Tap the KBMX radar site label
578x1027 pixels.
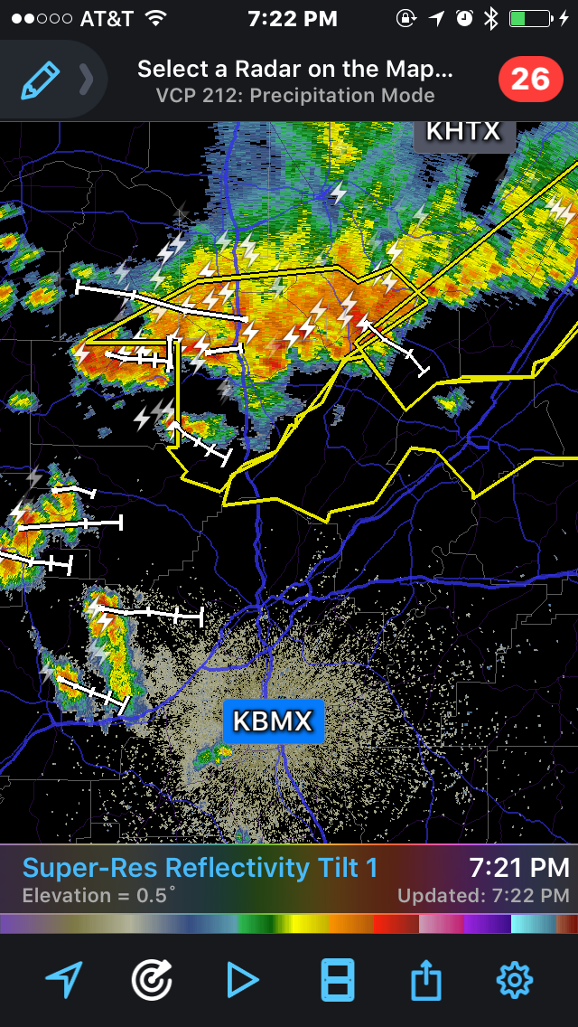[x=273, y=721]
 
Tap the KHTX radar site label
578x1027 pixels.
[x=463, y=131]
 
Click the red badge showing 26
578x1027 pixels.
[x=530, y=80]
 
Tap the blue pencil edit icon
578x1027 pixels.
[x=41, y=80]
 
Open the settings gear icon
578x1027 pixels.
[x=516, y=980]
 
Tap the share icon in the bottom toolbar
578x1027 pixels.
[x=425, y=980]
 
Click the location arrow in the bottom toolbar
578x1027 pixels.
[x=64, y=980]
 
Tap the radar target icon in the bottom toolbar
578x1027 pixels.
[x=152, y=980]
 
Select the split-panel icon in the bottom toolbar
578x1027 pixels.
[x=338, y=980]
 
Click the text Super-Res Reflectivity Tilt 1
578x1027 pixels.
[x=200, y=868]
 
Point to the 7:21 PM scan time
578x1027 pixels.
[x=519, y=868]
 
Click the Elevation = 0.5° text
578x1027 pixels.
[x=99, y=896]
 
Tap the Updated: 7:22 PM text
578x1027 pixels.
[x=483, y=896]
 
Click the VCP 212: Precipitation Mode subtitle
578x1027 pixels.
[x=295, y=96]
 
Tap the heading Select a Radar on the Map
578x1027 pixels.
[x=295, y=70]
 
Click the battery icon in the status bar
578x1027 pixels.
[x=531, y=18]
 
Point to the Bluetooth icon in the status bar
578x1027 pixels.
[x=490, y=18]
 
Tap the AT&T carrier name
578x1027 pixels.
[x=107, y=18]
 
